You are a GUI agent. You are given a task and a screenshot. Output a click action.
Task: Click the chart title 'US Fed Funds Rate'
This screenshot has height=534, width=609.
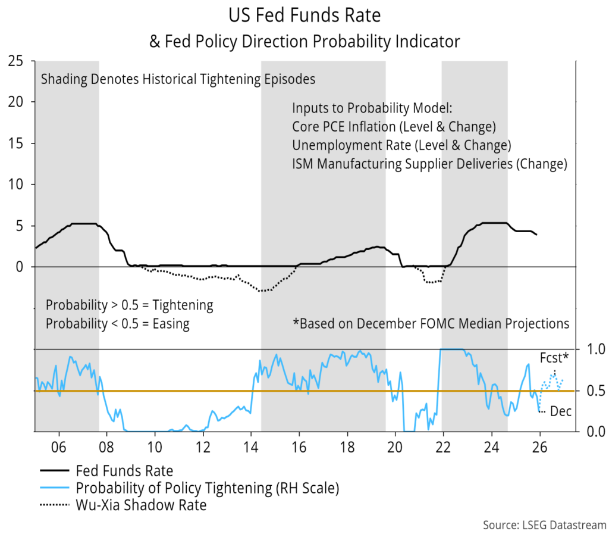pos(304,14)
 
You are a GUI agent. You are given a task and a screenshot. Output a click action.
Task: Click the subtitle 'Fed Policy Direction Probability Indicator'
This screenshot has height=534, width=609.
pos(311,41)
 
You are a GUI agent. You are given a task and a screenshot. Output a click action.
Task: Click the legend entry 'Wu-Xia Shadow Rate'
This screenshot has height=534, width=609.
pos(141,505)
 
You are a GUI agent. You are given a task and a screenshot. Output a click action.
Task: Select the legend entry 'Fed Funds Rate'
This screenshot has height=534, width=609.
pos(124,471)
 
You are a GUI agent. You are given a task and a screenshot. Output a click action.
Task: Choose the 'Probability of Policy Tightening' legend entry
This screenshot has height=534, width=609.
pos(207,488)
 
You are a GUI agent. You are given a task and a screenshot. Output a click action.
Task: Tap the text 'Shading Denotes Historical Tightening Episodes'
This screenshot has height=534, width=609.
pos(178,79)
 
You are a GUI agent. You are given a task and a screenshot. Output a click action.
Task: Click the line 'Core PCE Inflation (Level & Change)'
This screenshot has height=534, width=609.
pos(394,127)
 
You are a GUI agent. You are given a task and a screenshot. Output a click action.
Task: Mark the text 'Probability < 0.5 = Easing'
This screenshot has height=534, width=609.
pos(117,324)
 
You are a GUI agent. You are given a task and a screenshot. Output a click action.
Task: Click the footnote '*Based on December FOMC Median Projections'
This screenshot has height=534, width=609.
pos(431,324)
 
